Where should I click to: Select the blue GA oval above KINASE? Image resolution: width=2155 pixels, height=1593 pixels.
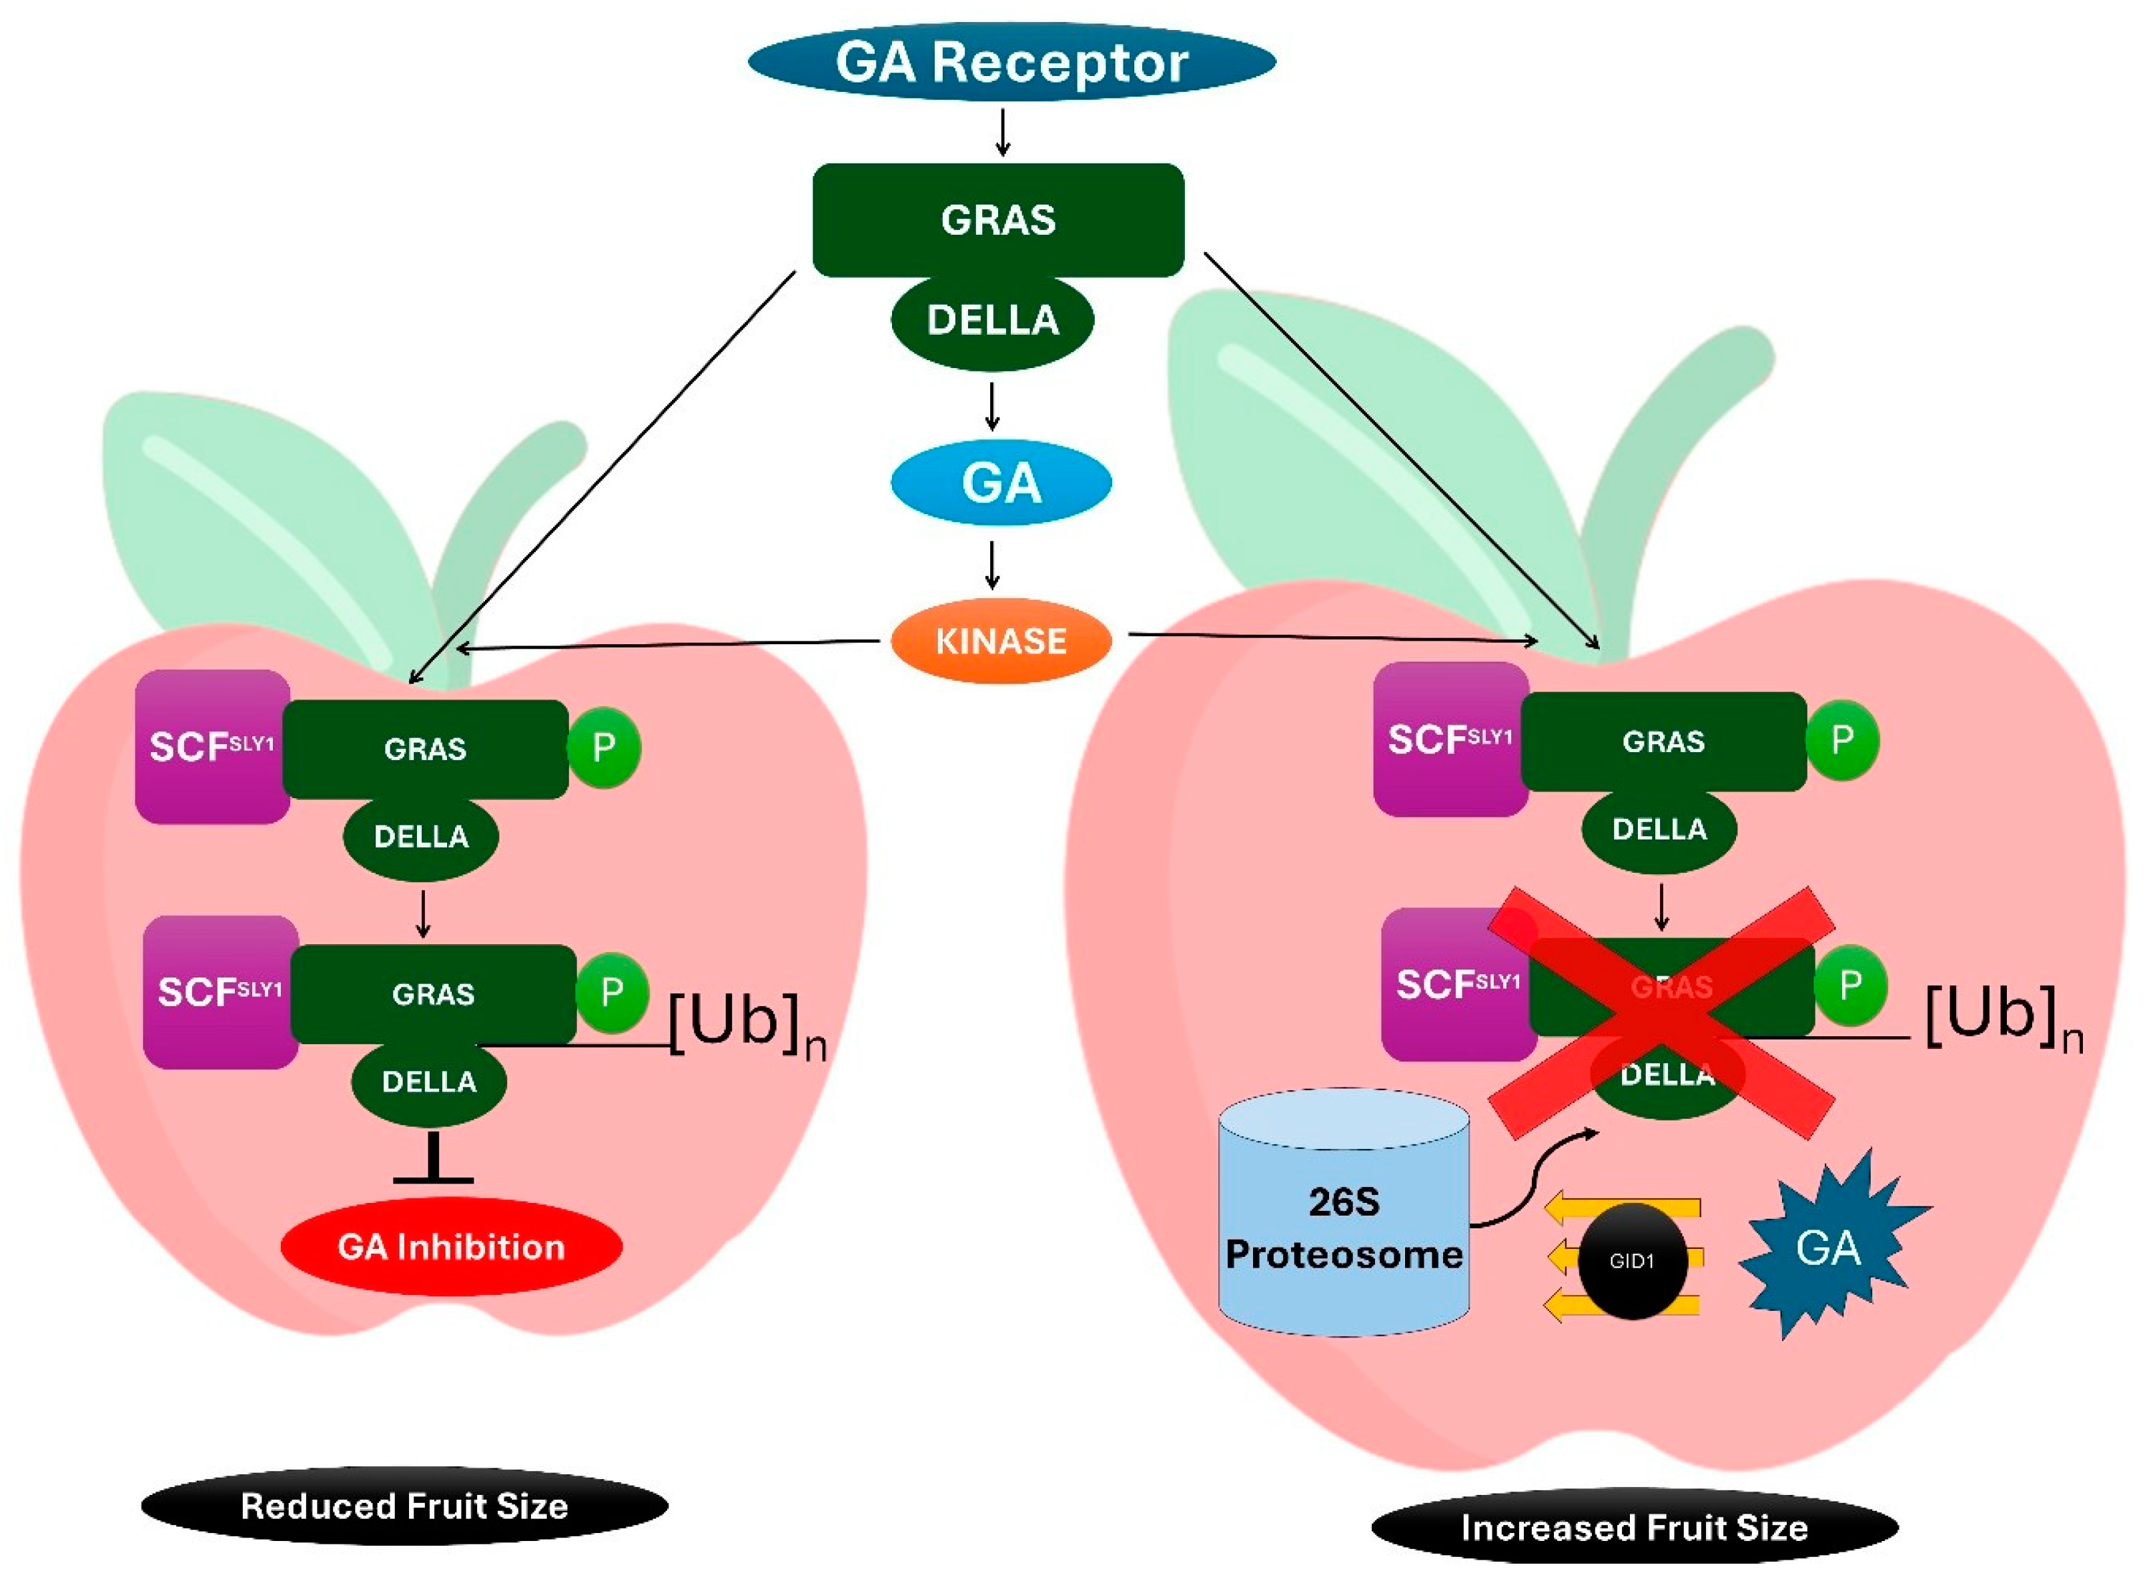coord(1000,482)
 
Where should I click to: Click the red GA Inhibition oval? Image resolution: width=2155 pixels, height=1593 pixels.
coord(450,1247)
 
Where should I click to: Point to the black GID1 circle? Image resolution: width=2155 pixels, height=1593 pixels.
coord(1631,1260)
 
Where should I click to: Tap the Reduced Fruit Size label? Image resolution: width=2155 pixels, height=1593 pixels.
coord(404,1505)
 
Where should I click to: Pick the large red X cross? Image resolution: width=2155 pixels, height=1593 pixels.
coord(1661,1012)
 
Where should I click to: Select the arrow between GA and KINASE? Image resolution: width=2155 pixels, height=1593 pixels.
coord(991,565)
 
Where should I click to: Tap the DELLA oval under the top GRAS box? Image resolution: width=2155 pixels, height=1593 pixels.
coord(991,320)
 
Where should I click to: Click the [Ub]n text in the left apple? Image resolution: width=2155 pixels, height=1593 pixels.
coord(747,1024)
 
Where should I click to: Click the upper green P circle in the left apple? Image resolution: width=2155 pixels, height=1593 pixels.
coord(603,747)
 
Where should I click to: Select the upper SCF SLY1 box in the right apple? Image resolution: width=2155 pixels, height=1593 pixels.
coord(1449,739)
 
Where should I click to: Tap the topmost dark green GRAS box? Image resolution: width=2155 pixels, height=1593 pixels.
coord(997,220)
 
